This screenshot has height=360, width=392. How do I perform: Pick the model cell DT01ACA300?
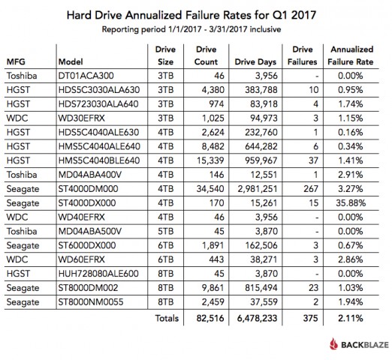[x=84, y=76]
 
